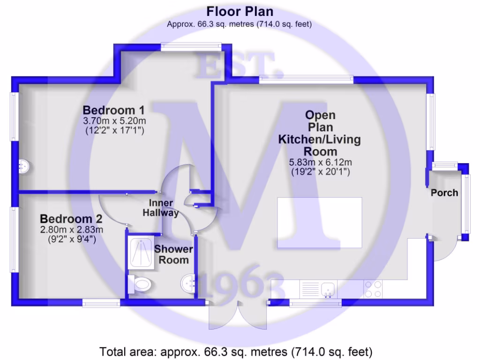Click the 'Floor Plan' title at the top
tap(240, 12)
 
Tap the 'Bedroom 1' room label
tap(113, 111)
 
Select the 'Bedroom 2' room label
tap(71, 219)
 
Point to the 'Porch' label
tap(444, 193)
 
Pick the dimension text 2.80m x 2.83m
tap(71, 229)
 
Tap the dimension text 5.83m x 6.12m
tap(321, 162)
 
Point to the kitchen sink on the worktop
tap(328, 289)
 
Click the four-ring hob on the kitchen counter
tap(373, 289)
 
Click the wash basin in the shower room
tap(188, 283)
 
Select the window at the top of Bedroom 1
tap(190, 46)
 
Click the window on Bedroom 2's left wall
tap(15, 239)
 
